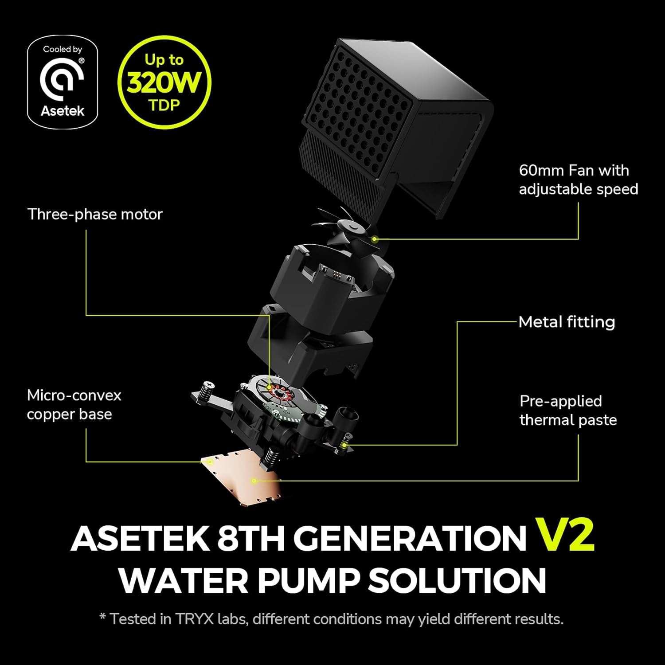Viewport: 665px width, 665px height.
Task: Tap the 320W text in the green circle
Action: click(x=164, y=82)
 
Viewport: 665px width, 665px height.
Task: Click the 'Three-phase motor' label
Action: click(x=95, y=214)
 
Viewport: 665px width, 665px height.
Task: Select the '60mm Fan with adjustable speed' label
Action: click(x=578, y=180)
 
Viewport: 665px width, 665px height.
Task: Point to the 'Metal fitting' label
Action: click(x=567, y=322)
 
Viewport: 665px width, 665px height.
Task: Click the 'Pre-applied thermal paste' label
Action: click(x=568, y=411)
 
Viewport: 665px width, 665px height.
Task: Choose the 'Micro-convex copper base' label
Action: click(x=74, y=405)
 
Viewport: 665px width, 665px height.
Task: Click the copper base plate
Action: click(x=242, y=481)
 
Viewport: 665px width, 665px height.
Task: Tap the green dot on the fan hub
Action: click(x=374, y=239)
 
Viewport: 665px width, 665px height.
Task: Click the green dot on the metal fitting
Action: click(x=344, y=445)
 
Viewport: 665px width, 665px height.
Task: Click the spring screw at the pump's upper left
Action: click(x=206, y=390)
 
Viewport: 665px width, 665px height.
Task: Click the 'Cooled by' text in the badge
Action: click(x=63, y=49)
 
